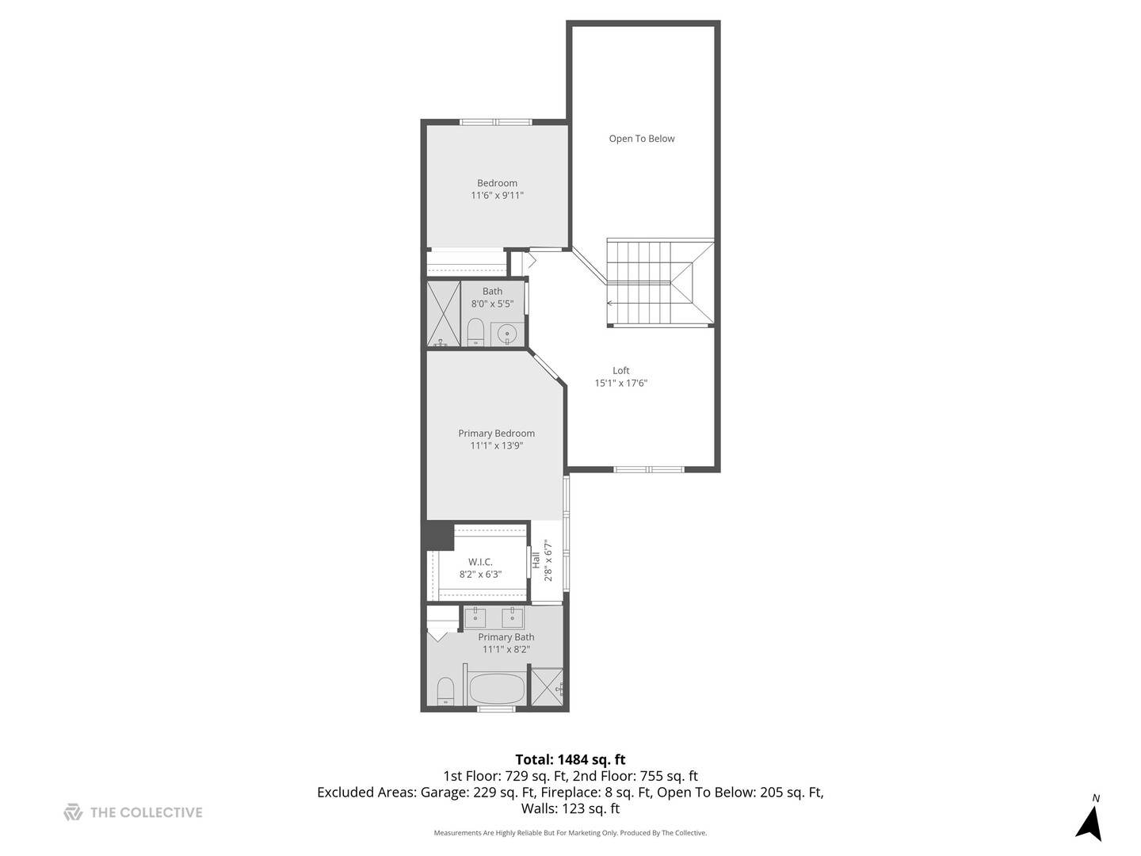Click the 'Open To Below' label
tap(641, 139)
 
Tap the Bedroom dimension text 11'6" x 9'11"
tap(497, 195)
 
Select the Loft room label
tap(621, 370)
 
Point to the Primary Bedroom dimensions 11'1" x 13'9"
tap(497, 445)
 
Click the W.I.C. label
tap(480, 562)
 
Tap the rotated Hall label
tap(536, 560)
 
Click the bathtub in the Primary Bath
tap(497, 688)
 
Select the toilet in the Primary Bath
tap(445, 691)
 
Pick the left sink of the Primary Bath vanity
tap(475, 617)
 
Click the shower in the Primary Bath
tap(547, 686)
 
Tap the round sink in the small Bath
tap(507, 334)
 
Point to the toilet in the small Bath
tap(475, 332)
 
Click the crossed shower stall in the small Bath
tap(444, 314)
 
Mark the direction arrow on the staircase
tap(611, 303)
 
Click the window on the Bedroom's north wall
tap(496, 122)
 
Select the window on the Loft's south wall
tap(649, 469)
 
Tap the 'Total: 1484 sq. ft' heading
tap(570, 759)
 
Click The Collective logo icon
tap(73, 812)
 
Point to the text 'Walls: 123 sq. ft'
tap(570, 809)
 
